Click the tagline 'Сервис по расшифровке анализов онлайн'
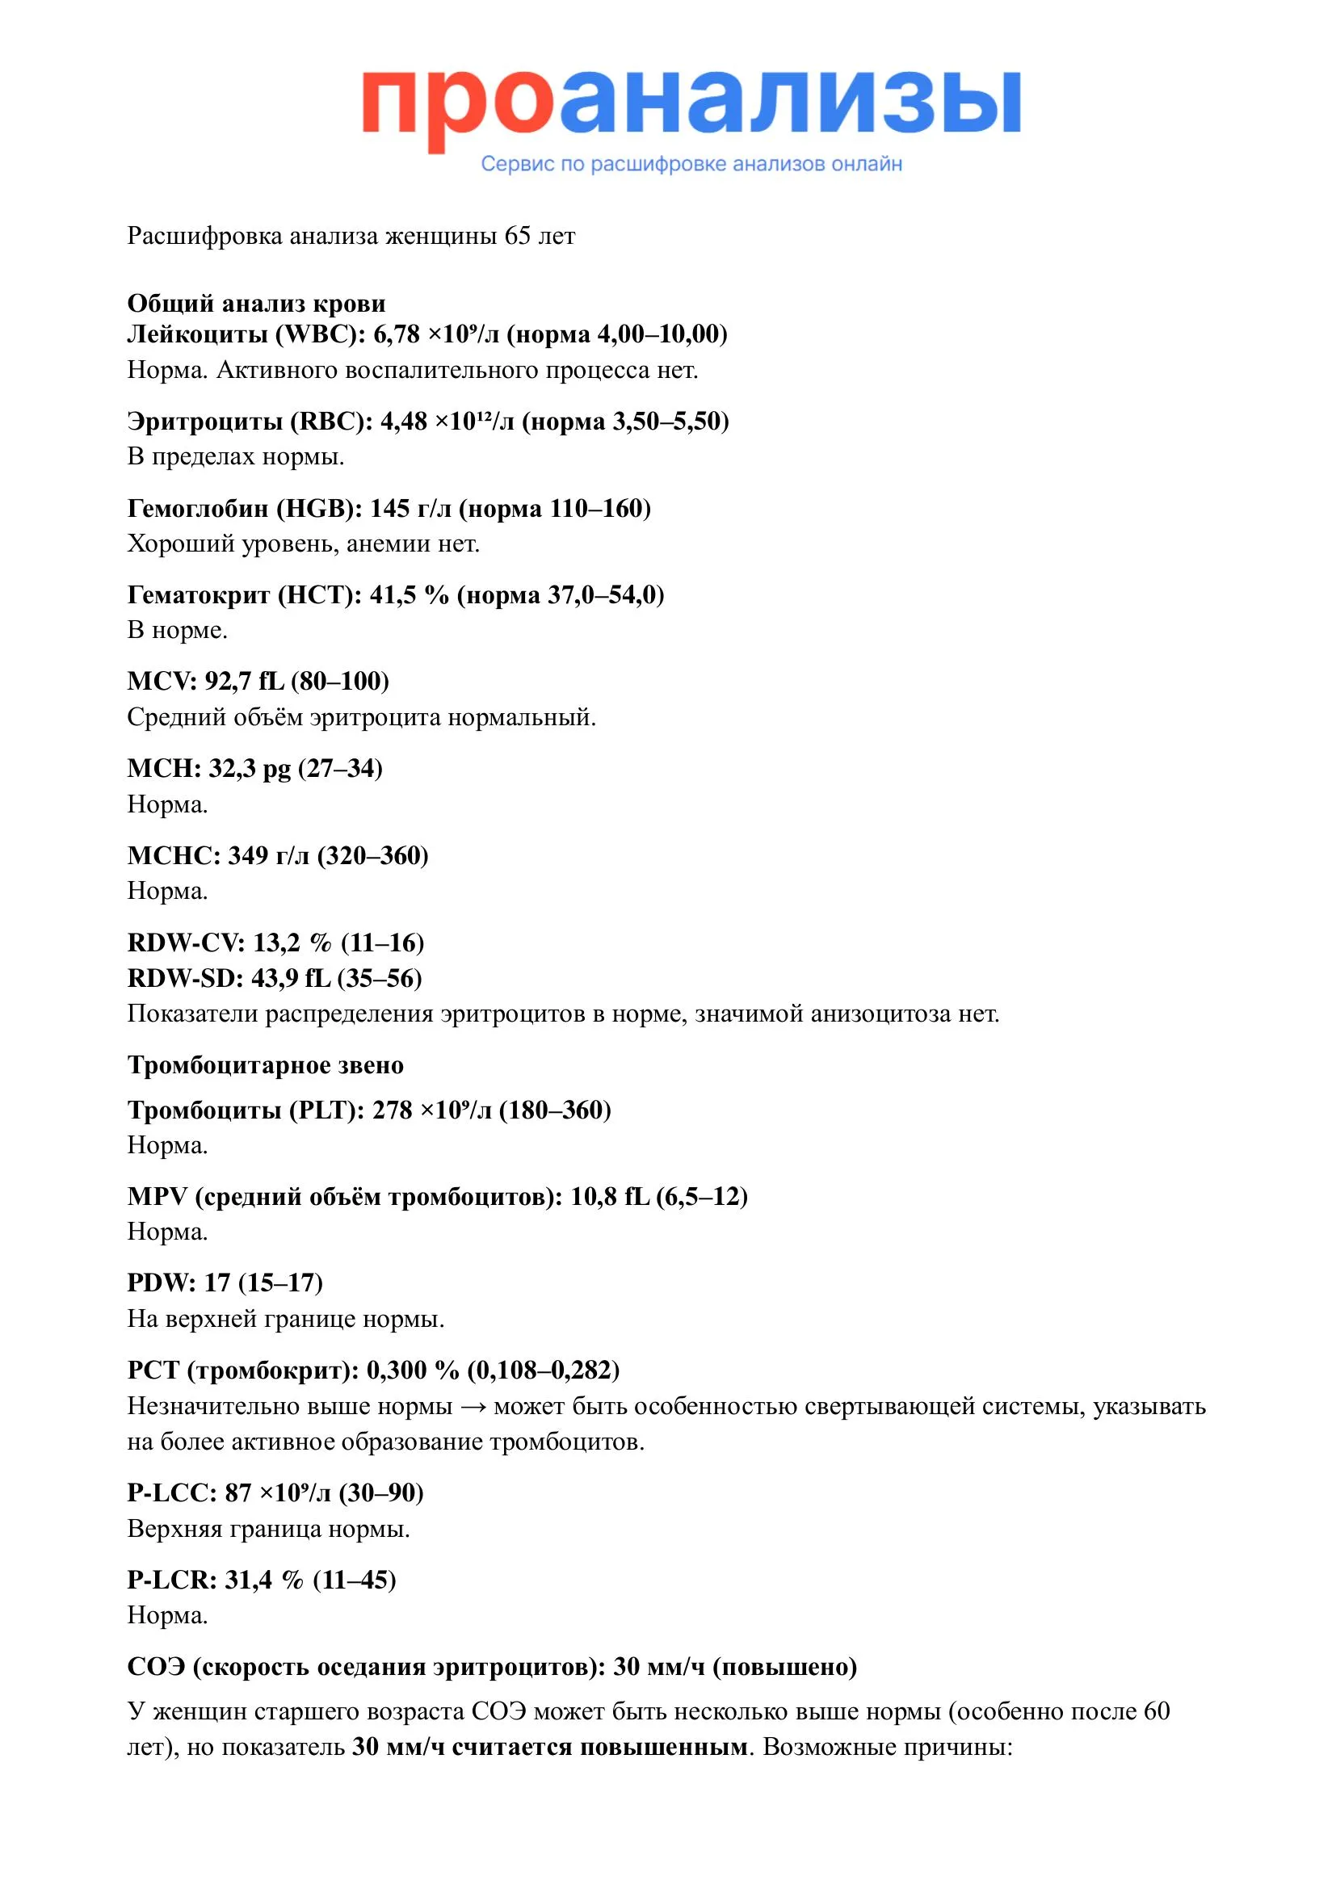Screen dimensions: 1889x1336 click(691, 164)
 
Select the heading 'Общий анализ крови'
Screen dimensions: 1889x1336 click(256, 304)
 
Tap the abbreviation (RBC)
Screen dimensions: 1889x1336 click(327, 422)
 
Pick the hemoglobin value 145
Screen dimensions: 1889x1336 click(390, 509)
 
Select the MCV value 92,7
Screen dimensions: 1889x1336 click(228, 682)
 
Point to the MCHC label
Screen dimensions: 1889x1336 click(171, 855)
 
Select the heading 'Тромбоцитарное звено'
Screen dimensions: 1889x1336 click(265, 1065)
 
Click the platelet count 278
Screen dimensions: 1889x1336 click(392, 1110)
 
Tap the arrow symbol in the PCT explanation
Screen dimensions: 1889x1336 click(473, 1407)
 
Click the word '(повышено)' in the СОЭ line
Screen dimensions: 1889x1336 click(785, 1667)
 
